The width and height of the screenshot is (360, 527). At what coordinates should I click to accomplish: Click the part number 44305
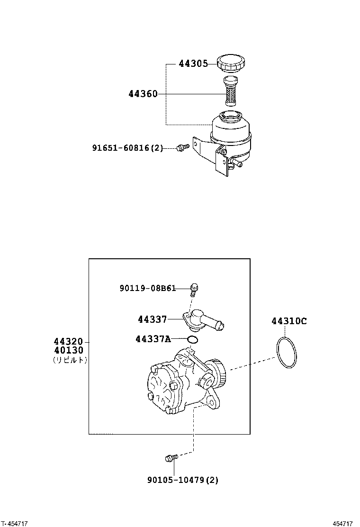[x=193, y=64]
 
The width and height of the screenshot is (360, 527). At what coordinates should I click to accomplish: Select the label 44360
[x=143, y=94]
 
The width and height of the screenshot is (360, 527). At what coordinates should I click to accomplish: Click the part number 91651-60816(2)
[x=127, y=148]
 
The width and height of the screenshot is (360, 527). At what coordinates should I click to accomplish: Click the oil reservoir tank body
[x=231, y=130]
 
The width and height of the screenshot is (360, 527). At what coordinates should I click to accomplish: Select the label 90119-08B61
[x=147, y=287]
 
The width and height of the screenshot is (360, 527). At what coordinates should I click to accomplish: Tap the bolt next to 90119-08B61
[x=194, y=287]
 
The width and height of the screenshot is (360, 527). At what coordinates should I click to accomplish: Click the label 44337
[x=152, y=319]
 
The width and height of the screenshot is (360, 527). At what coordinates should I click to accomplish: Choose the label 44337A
[x=153, y=339]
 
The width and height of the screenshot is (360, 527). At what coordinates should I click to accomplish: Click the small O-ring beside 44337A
[x=192, y=339]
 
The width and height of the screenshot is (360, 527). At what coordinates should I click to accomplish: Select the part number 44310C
[x=289, y=321]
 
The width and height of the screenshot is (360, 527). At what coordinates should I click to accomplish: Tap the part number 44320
[x=68, y=341]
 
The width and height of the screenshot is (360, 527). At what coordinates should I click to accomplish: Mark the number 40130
[x=68, y=350]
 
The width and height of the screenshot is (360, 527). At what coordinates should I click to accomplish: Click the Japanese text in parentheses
[x=70, y=360]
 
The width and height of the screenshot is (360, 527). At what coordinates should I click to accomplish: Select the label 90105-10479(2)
[x=182, y=480]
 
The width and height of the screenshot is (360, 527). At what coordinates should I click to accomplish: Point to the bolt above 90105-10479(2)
[x=171, y=458]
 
